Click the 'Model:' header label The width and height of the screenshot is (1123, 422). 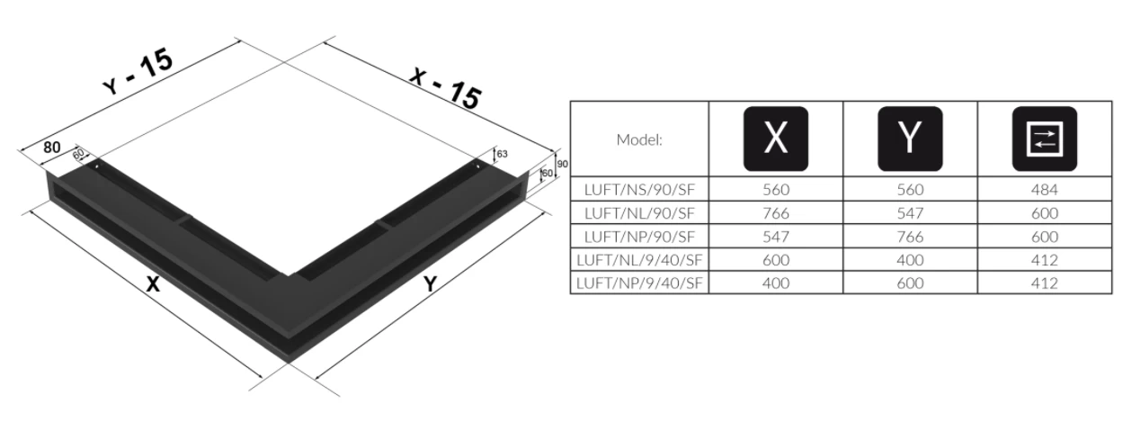click(639, 139)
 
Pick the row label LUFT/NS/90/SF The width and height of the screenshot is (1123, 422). click(639, 189)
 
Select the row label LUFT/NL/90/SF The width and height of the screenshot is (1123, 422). click(639, 213)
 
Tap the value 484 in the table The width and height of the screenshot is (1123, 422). click(1045, 189)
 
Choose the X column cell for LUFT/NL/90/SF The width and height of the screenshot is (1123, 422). click(775, 213)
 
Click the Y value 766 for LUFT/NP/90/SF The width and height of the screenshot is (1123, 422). click(910, 237)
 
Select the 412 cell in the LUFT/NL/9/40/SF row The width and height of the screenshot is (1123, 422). click(1045, 260)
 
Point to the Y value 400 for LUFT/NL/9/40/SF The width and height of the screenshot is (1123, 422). click(910, 260)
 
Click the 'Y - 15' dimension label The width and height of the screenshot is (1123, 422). click(138, 69)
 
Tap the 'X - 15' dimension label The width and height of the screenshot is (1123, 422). click(444, 85)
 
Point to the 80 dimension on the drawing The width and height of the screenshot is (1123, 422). click(50, 145)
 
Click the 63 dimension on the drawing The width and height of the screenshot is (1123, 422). click(502, 154)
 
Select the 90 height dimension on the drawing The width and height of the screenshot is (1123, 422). click(562, 164)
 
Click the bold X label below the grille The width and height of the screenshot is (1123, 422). click(153, 284)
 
